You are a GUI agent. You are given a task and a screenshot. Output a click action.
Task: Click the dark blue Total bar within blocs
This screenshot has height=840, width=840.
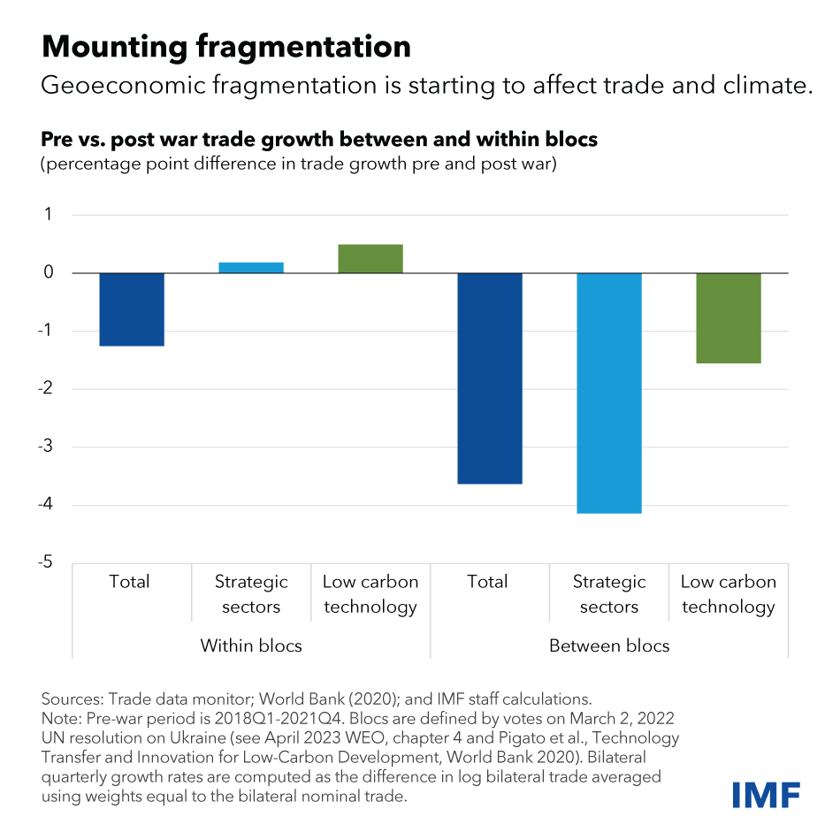pos(132,309)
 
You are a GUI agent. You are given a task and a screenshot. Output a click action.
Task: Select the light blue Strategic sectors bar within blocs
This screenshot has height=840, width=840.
pos(251,267)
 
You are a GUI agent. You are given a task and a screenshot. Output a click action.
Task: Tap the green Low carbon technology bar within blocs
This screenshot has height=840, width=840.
pos(370,258)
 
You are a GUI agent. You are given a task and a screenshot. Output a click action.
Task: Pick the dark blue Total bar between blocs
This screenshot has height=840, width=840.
pos(489,378)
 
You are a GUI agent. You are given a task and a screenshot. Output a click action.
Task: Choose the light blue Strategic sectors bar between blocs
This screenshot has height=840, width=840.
pos(608,393)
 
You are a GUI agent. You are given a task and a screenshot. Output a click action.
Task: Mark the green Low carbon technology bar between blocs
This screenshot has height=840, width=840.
pos(728,318)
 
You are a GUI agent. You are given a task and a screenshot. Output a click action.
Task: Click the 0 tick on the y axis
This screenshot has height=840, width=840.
pos(49,273)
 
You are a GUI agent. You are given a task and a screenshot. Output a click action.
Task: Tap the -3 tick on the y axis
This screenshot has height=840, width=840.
pos(46,447)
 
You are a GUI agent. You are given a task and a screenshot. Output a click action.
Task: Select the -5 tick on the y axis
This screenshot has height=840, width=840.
pos(46,563)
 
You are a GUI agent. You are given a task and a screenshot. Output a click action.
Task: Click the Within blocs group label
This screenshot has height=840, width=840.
pos(251,645)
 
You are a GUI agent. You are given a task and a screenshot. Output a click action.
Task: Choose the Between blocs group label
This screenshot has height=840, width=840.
pos(609,645)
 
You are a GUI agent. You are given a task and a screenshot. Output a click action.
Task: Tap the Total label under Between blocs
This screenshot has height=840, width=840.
pos(487,582)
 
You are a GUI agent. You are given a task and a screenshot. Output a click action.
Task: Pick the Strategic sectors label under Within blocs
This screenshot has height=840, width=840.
pos(251,594)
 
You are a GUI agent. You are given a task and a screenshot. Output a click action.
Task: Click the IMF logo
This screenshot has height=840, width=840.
pos(767,793)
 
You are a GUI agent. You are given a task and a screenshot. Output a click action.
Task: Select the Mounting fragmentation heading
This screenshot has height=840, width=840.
pos(226,46)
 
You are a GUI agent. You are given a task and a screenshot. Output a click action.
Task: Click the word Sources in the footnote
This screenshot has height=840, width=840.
pos(72,699)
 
